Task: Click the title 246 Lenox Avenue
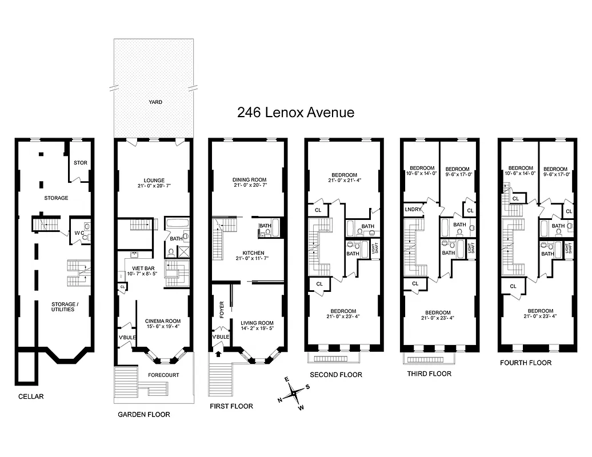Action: (295, 113)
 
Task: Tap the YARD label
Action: (155, 102)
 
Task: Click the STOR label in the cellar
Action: (81, 163)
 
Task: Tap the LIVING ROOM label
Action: (257, 323)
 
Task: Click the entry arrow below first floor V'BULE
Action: (218, 354)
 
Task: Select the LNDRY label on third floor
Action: (413, 210)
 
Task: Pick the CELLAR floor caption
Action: (30, 396)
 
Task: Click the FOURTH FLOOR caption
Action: (525, 363)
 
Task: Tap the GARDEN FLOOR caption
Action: (143, 414)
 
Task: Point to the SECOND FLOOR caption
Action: (335, 375)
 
